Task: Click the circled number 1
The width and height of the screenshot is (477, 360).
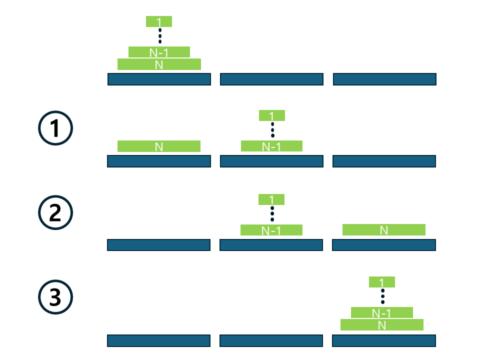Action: pyautogui.click(x=55, y=128)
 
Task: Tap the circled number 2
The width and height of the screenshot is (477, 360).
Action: pyautogui.click(x=55, y=213)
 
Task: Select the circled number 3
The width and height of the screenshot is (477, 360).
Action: pyautogui.click(x=55, y=297)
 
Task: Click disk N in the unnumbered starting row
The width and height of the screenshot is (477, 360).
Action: pyautogui.click(x=159, y=64)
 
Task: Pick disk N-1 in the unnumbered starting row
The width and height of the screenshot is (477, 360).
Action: pyautogui.click(x=159, y=52)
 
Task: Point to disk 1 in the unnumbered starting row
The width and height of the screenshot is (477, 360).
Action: pyautogui.click(x=159, y=21)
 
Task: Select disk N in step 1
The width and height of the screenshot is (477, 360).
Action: pyautogui.click(x=159, y=146)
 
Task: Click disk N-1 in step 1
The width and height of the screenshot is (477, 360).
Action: pyautogui.click(x=271, y=146)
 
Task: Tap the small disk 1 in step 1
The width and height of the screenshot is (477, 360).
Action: pyautogui.click(x=272, y=115)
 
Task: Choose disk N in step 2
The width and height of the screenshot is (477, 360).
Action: pyautogui.click(x=384, y=229)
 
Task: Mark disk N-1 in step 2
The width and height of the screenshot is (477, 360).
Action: pyautogui.click(x=271, y=230)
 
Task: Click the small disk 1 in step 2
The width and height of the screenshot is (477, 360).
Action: pyautogui.click(x=271, y=199)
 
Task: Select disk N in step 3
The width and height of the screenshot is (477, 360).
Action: pyautogui.click(x=382, y=325)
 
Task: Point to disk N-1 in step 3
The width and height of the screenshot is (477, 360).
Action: pyautogui.click(x=382, y=312)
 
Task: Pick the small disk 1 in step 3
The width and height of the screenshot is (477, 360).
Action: pyautogui.click(x=382, y=282)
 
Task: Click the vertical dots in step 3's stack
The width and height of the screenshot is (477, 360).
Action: pyautogui.click(x=382, y=296)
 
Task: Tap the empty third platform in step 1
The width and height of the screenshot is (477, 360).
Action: pyautogui.click(x=384, y=161)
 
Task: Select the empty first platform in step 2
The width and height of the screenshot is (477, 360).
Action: pyautogui.click(x=158, y=245)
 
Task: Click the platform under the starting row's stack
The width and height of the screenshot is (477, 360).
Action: pyautogui.click(x=159, y=79)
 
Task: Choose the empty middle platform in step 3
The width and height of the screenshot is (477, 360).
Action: pyautogui.click(x=271, y=340)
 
